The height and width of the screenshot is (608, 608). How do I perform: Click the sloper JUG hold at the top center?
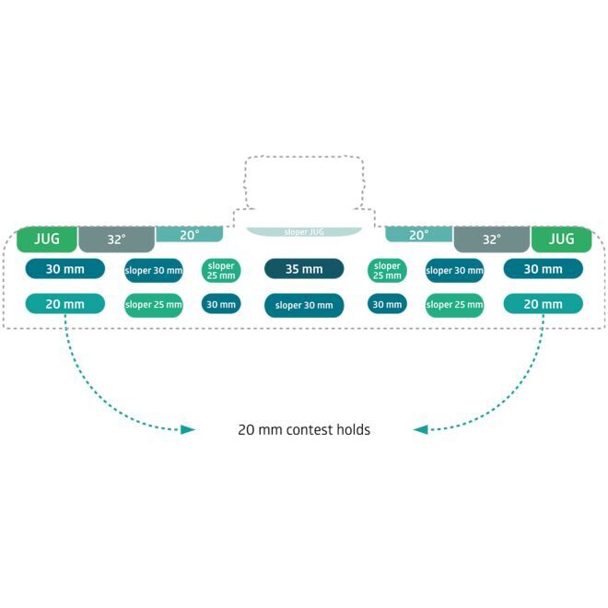click(x=304, y=232)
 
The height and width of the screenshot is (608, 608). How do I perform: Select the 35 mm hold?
click(x=304, y=269)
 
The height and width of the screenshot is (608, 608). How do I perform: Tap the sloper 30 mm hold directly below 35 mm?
click(x=304, y=305)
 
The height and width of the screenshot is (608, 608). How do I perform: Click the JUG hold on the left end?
click(x=47, y=240)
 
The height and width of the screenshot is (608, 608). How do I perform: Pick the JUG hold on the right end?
click(x=561, y=240)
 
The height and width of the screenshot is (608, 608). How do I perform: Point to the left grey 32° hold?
click(x=117, y=240)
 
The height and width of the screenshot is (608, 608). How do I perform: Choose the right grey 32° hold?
click(x=492, y=240)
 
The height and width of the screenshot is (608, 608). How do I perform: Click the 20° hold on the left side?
click(x=189, y=235)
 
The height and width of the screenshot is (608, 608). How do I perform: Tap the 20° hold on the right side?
click(x=419, y=235)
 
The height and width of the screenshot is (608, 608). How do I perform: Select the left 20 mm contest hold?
click(x=65, y=304)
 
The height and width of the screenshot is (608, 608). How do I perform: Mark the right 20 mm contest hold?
click(x=544, y=304)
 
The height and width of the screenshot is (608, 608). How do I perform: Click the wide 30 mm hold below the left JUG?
click(x=65, y=269)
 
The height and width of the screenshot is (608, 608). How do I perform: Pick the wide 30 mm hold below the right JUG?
click(x=544, y=269)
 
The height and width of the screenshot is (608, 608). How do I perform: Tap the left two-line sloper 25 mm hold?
click(x=221, y=271)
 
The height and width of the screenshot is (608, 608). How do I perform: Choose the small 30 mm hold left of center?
click(x=221, y=304)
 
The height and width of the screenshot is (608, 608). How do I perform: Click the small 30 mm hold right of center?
click(x=387, y=304)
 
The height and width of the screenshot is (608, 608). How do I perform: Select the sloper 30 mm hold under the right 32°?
click(x=454, y=271)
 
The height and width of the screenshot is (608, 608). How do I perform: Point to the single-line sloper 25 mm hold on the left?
click(x=154, y=305)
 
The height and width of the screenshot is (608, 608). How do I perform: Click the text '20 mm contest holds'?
click(x=304, y=429)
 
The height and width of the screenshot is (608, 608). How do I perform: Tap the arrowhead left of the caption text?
click(x=188, y=429)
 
